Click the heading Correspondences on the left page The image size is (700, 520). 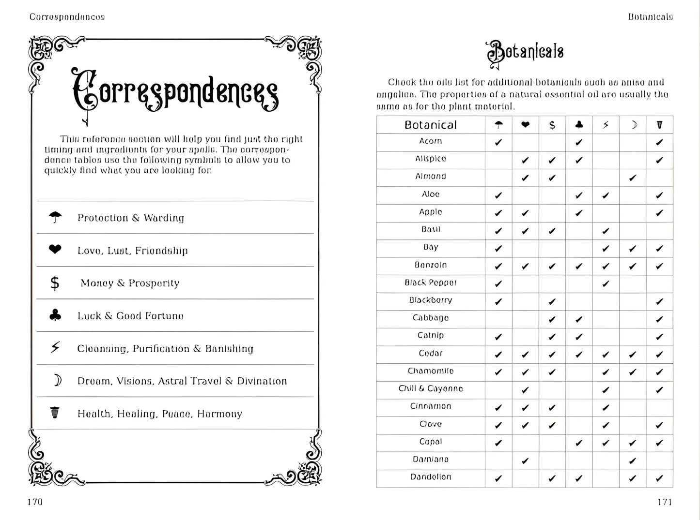point(175,92)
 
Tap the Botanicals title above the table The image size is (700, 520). point(525,52)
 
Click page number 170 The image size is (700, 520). point(35,502)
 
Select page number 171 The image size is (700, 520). point(665,502)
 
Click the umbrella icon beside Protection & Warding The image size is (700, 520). point(55,218)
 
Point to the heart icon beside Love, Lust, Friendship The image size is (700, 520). point(55,250)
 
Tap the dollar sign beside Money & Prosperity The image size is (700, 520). point(55,283)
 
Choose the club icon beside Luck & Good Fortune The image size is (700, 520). point(55,316)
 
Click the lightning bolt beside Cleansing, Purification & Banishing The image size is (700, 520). point(55,348)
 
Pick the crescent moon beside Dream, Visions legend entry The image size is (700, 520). point(57,381)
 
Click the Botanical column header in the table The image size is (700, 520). point(430,125)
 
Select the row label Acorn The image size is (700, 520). point(430,141)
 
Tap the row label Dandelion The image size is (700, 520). point(430,477)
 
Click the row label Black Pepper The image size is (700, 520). point(430,282)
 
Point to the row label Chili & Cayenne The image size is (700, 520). point(430,388)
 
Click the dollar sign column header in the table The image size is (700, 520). point(552,125)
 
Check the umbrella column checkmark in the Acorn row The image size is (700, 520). point(498,143)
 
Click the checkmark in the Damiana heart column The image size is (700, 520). point(525,461)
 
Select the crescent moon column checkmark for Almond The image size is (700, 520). point(632,178)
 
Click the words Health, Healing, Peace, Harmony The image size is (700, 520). point(159,414)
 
